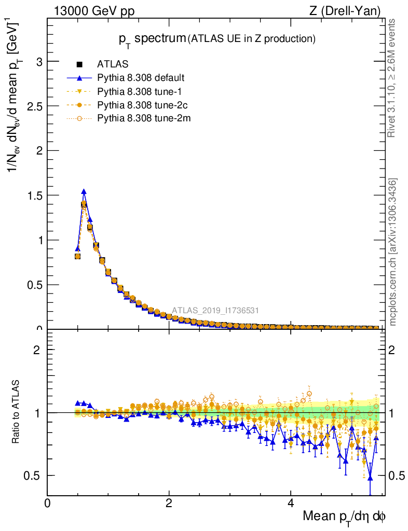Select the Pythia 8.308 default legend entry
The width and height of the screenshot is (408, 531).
[x=141, y=78]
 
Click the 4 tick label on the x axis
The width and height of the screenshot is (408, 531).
[x=291, y=502]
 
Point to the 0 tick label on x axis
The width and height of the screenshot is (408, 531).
[x=48, y=502]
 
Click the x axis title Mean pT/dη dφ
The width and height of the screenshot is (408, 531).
[x=345, y=516]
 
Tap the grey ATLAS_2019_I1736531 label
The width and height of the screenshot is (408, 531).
[x=215, y=311]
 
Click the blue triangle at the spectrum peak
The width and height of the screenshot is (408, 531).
[x=84, y=191]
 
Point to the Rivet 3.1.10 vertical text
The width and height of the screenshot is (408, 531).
[x=392, y=78]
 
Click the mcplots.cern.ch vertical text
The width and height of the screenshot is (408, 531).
[x=392, y=252]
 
